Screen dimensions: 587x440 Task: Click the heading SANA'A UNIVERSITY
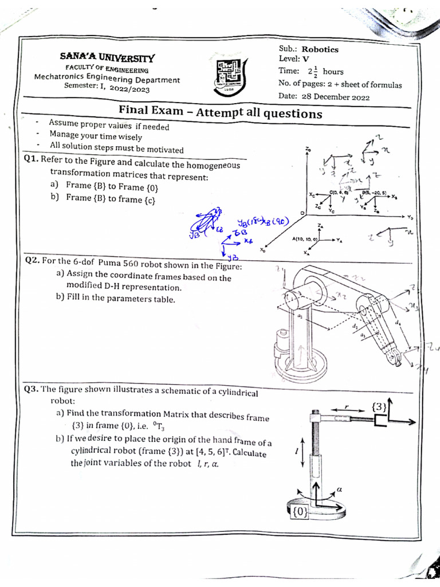[x=107, y=58]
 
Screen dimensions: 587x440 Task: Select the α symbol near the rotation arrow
[x=339, y=489]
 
